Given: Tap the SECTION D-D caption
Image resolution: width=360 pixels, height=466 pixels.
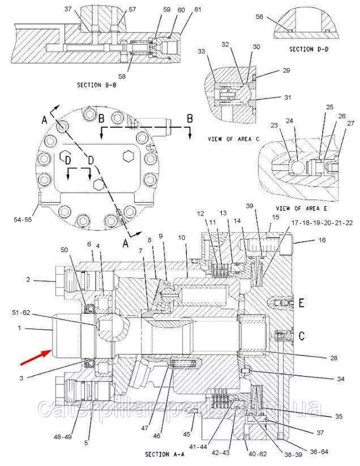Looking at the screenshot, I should coord(309,49).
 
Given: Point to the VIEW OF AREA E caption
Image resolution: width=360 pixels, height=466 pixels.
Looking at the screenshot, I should coord(298,208).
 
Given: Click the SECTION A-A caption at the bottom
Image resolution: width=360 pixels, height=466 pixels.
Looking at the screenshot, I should coord(164,454).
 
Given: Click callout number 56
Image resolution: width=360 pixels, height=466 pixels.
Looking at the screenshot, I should coord(260,17).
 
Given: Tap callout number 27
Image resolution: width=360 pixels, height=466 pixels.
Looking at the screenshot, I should coord(350,123).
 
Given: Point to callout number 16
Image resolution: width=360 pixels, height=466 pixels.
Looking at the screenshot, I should coord(322,240).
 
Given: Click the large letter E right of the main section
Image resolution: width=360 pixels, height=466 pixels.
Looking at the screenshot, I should coord(301,302).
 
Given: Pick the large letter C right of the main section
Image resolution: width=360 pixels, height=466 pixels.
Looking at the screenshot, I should coord(301,336).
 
